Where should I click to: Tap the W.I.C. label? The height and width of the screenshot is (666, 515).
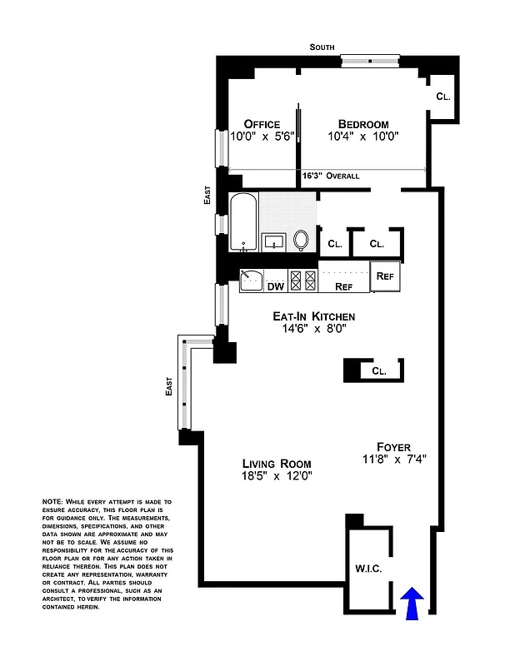pyautogui.click(x=367, y=569)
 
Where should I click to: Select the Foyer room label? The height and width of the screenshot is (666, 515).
pyautogui.click(x=392, y=447)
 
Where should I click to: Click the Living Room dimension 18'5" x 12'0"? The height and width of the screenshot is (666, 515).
pyautogui.click(x=277, y=476)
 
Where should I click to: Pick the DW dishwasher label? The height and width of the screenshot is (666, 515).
pyautogui.click(x=275, y=286)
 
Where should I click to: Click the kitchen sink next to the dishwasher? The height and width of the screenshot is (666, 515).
pyautogui.click(x=251, y=281)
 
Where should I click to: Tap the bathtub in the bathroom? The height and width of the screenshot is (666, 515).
pyautogui.click(x=242, y=222)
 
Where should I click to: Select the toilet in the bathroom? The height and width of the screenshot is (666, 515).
pyautogui.click(x=301, y=241)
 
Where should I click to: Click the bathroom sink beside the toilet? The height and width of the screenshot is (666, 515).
pyautogui.click(x=274, y=242)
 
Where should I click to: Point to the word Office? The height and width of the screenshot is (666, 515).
pyautogui.click(x=262, y=124)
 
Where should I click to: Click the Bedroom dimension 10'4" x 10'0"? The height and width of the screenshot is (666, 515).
pyautogui.click(x=363, y=137)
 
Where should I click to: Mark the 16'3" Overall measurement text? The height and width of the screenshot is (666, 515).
pyautogui.click(x=331, y=176)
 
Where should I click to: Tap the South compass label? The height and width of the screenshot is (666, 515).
pyautogui.click(x=322, y=47)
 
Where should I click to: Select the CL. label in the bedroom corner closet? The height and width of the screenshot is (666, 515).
pyautogui.click(x=443, y=97)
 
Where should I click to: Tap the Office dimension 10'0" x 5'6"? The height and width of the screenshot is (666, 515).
pyautogui.click(x=262, y=137)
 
